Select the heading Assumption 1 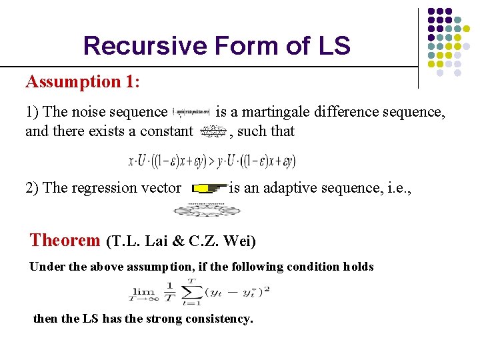pos(80,82)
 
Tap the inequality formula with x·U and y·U pos(211,161)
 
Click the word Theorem pos(65,239)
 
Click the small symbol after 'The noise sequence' pos(191,113)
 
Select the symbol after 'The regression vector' pos(209,189)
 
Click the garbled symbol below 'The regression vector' pos(206,209)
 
